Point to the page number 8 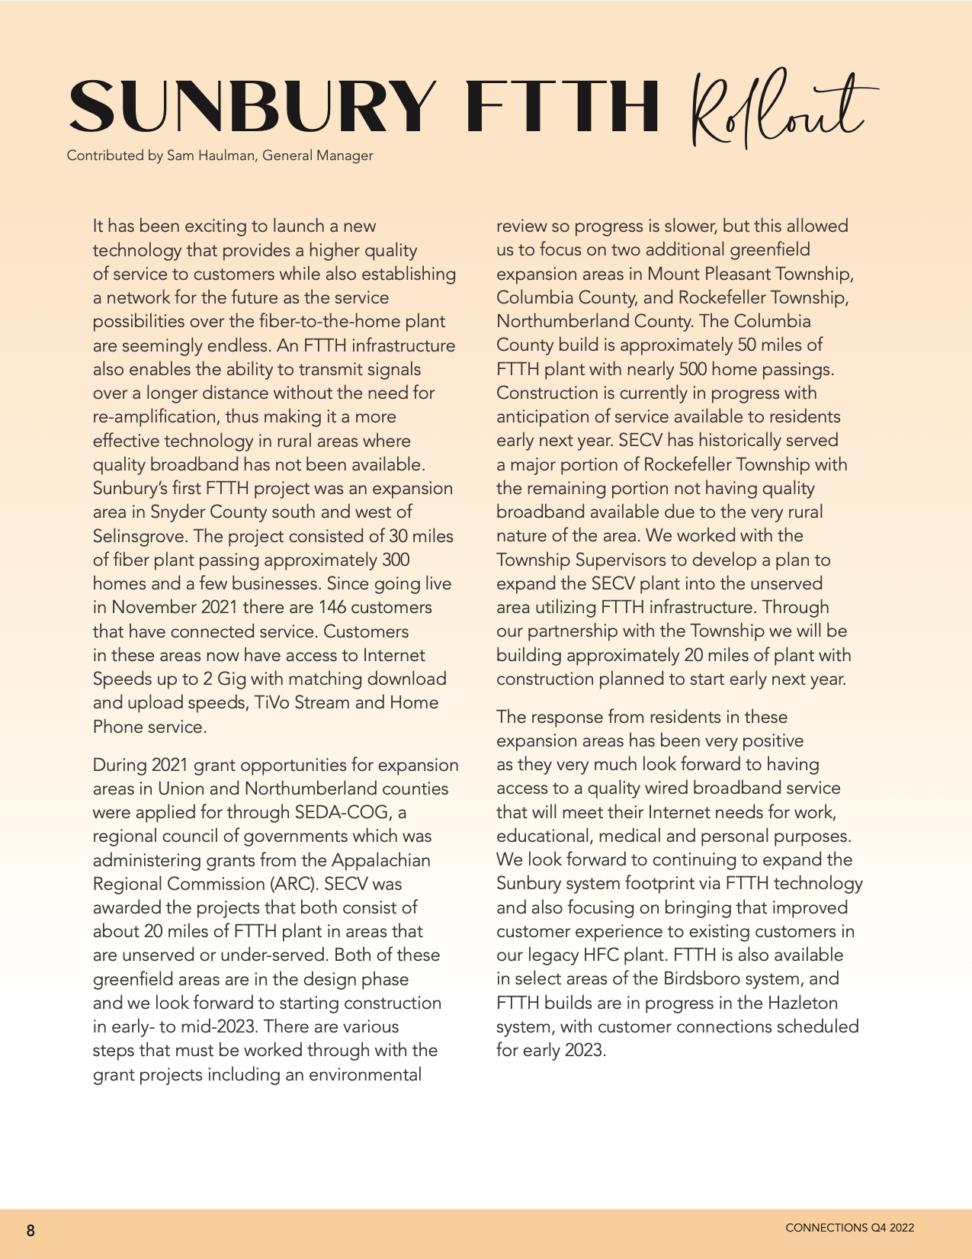point(30,1230)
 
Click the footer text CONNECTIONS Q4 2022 point(849,1228)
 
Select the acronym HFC point(602,955)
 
